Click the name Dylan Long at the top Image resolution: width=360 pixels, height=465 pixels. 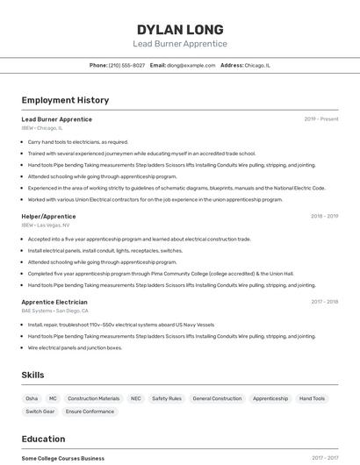tap(180, 29)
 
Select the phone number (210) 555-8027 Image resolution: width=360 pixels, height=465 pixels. tap(126, 65)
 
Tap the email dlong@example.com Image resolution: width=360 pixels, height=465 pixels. tap(191, 65)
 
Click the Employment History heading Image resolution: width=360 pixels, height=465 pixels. tap(65, 100)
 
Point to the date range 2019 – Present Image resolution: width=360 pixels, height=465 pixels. tap(321, 119)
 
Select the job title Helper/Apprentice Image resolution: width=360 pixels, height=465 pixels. tap(48, 216)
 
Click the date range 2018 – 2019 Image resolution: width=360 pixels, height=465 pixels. tap(324, 216)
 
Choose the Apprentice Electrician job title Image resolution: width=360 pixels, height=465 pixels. tap(54, 302)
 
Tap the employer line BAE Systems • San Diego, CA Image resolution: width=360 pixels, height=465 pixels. tap(54, 311)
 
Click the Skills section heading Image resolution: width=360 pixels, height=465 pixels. tap(32, 375)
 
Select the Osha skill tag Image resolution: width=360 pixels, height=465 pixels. tap(32, 398)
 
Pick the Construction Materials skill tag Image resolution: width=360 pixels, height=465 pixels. tap(93, 398)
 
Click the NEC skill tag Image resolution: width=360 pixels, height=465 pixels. tap(135, 398)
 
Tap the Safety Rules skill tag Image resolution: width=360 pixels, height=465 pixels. tap(167, 398)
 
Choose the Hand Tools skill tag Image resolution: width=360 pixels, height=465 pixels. tap(312, 398)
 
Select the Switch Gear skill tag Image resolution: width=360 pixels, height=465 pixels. tap(40, 411)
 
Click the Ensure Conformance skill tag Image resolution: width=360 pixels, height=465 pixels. tap(90, 411)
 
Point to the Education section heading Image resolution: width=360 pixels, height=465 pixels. tap(43, 439)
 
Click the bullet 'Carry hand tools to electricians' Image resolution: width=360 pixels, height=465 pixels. tap(78, 141)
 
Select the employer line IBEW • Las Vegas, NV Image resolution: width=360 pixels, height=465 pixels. tap(46, 225)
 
